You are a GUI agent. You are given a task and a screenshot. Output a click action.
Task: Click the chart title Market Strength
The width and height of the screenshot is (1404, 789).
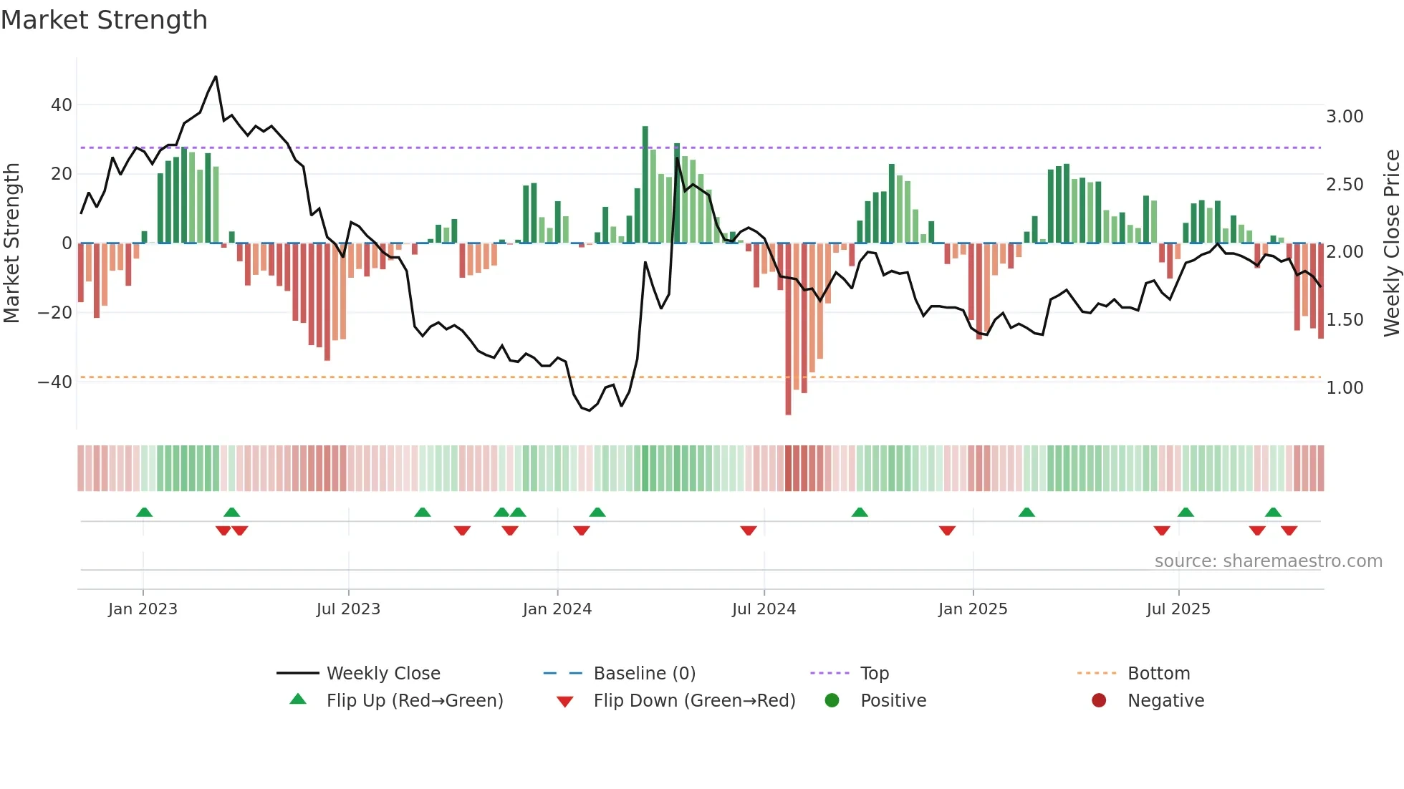104,20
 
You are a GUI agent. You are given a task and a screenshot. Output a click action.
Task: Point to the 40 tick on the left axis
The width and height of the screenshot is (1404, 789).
62,105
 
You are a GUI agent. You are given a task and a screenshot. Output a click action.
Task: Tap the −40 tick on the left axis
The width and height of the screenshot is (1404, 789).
55,382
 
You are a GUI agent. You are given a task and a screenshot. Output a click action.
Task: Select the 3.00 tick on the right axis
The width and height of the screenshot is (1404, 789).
1345,117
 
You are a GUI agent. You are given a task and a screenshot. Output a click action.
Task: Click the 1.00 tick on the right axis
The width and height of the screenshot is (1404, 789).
1345,388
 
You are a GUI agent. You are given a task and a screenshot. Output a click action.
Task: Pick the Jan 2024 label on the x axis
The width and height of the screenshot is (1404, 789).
557,609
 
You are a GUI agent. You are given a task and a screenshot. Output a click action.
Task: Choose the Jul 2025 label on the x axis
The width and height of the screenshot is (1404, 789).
1178,609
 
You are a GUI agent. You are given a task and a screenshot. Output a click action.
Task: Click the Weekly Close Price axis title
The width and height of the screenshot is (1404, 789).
1391,243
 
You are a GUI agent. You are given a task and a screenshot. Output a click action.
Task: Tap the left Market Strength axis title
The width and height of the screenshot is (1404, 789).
11,243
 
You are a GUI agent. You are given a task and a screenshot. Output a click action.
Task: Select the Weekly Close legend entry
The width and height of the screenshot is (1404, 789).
383,674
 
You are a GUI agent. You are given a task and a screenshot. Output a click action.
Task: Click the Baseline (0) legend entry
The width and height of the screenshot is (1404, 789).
645,674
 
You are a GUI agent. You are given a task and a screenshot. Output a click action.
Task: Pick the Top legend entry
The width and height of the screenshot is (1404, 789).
875,674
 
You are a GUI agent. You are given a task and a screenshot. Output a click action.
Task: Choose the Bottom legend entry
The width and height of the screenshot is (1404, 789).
1158,674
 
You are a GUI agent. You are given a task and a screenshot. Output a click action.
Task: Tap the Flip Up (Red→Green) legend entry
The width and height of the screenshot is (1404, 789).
415,701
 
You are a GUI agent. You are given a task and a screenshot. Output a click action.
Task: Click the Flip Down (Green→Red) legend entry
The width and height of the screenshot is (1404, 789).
694,701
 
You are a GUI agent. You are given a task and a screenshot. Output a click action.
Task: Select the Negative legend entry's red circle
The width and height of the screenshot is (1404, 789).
1099,701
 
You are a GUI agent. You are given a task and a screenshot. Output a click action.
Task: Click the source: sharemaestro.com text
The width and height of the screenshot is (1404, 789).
1268,561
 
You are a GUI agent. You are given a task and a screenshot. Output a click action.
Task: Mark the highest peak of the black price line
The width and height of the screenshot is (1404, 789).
216,77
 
